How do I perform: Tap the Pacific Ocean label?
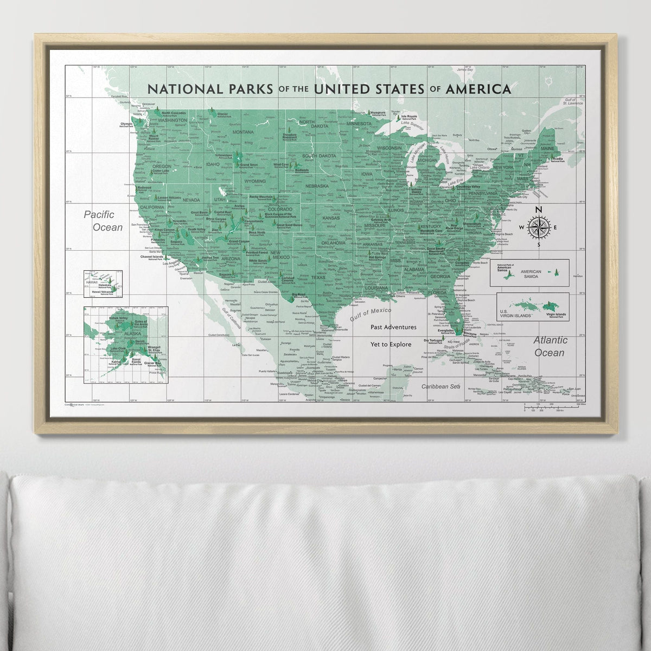[x=104, y=221]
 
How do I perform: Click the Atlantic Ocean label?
[x=550, y=346]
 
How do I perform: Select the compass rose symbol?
[x=538, y=227]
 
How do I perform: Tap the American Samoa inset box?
[x=529, y=272]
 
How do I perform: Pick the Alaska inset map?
[x=125, y=344]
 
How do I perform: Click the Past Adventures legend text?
[x=393, y=327]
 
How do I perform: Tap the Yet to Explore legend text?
[x=393, y=344]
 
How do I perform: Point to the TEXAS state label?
[x=318, y=277]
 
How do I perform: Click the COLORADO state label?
[x=281, y=209]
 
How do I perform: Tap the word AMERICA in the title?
[x=478, y=88]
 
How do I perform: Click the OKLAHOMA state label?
[x=333, y=243]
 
